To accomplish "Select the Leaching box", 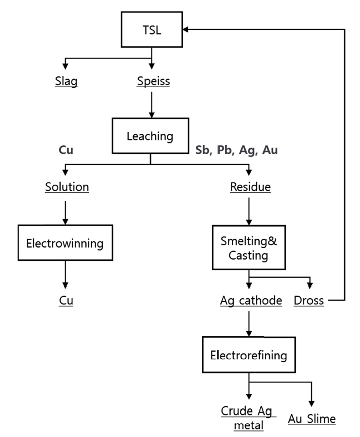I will (x=150, y=136).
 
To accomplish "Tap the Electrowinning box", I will (x=65, y=243).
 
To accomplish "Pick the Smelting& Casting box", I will (x=248, y=248).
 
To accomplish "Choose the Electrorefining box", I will (x=248, y=355).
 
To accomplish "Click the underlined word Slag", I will (x=66, y=82).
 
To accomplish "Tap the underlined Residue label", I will (x=250, y=187).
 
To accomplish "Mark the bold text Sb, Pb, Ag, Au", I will (x=236, y=150).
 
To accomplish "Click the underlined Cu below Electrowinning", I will (x=66, y=300).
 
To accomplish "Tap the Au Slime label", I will (x=312, y=418).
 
